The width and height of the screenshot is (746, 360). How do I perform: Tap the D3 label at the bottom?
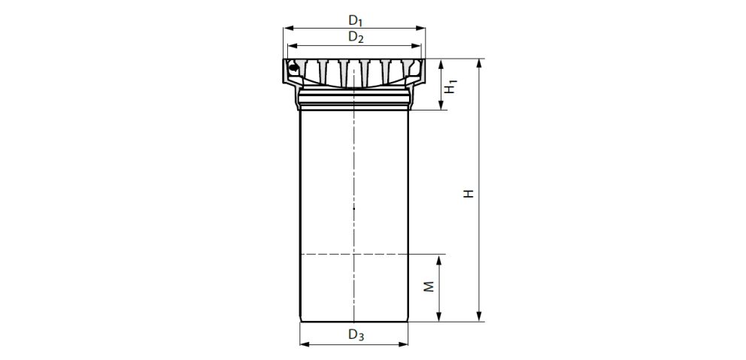[x=356, y=335]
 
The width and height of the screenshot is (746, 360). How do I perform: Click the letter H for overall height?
[x=469, y=193]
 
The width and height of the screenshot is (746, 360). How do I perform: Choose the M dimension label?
[x=426, y=289]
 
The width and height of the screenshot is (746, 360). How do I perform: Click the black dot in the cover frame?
[x=295, y=69]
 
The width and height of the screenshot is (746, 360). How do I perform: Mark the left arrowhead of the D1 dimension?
[x=287, y=28]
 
